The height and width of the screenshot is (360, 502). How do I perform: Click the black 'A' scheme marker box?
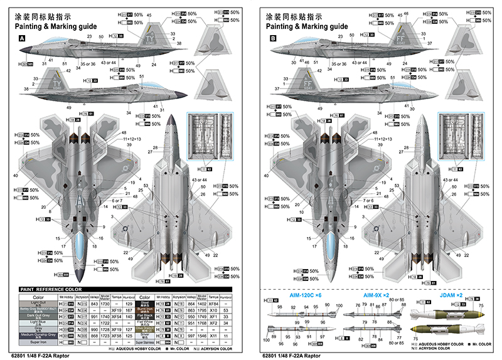[23, 38]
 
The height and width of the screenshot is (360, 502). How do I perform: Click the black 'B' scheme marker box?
[272, 38]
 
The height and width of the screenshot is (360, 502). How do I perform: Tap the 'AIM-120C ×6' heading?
[306, 294]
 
